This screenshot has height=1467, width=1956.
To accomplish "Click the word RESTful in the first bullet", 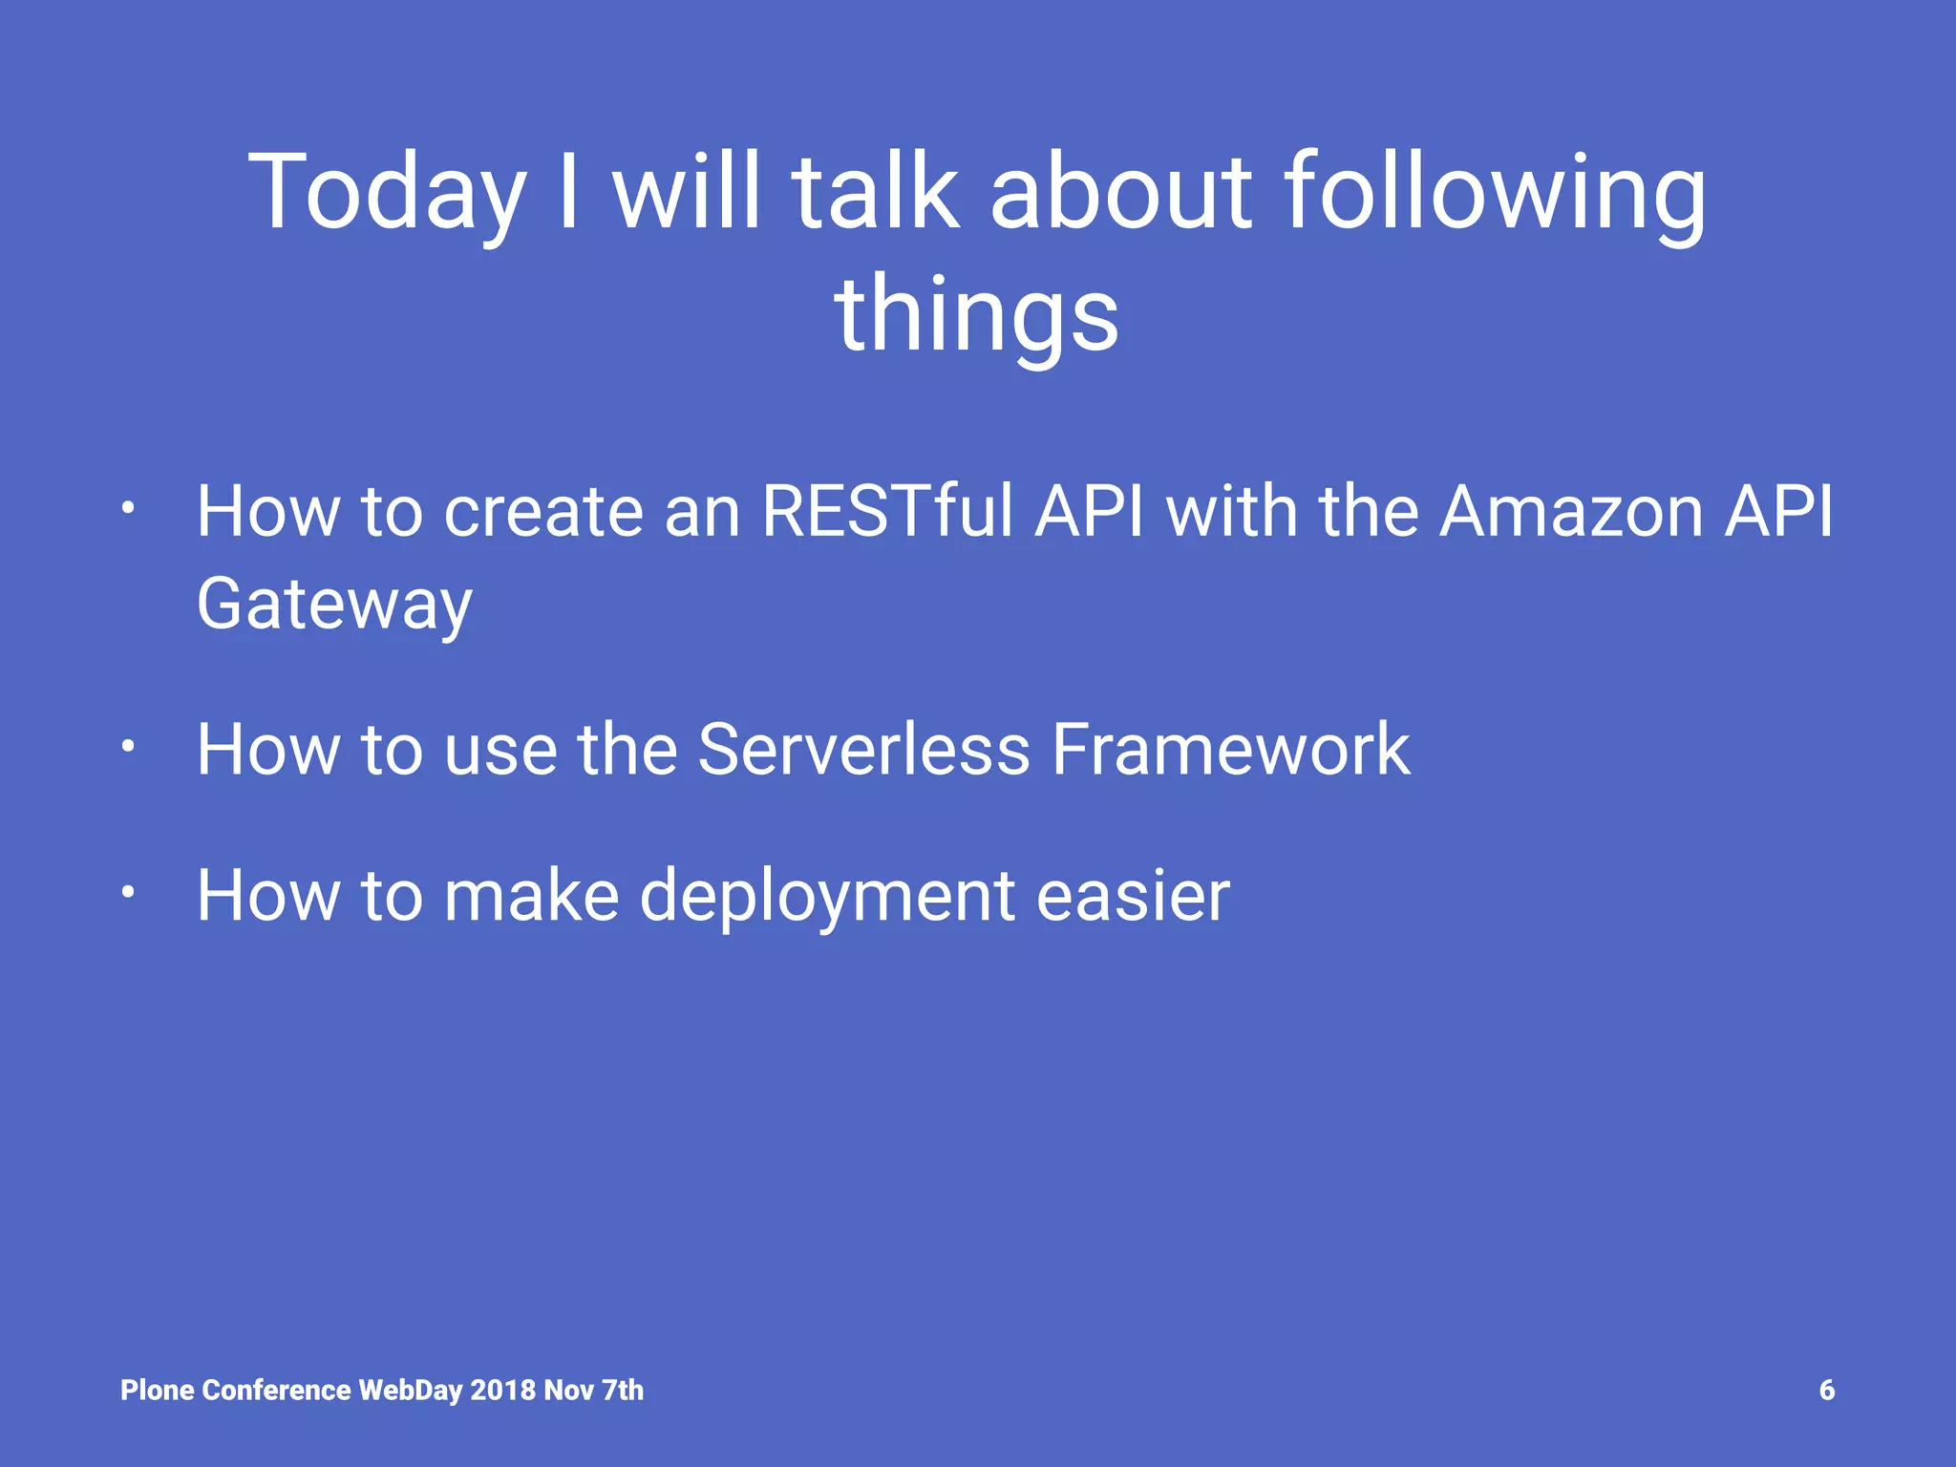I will (x=886, y=512).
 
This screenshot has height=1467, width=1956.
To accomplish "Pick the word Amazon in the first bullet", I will (x=1570, y=512).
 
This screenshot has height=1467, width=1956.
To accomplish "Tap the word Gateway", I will (x=334, y=606).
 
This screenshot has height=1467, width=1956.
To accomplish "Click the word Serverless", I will (x=863, y=750).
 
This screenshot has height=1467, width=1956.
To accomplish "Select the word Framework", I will (x=1230, y=750).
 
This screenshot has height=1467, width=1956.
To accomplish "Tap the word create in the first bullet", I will (x=543, y=512).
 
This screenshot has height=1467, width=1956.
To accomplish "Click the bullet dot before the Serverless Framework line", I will (x=128, y=747).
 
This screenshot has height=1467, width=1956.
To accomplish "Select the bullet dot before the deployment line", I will (x=128, y=893).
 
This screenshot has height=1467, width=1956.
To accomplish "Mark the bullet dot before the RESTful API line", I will (x=128, y=509).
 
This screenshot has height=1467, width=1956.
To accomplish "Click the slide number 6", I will (x=1826, y=1390).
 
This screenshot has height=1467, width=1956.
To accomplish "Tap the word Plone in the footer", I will (x=158, y=1390).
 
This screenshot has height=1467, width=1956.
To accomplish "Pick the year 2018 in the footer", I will (x=502, y=1390).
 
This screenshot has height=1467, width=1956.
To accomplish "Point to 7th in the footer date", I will (x=622, y=1390).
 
